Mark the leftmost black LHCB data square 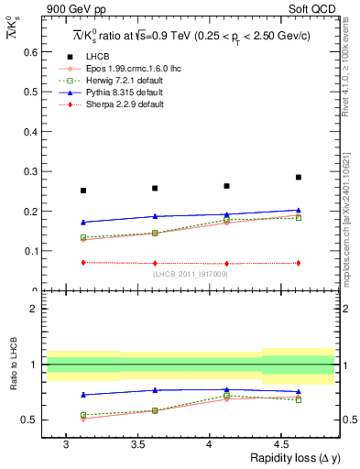coord(83,191)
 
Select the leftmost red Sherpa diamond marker coord(83,262)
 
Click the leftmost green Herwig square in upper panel coord(83,237)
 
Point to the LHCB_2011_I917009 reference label coord(191,274)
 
